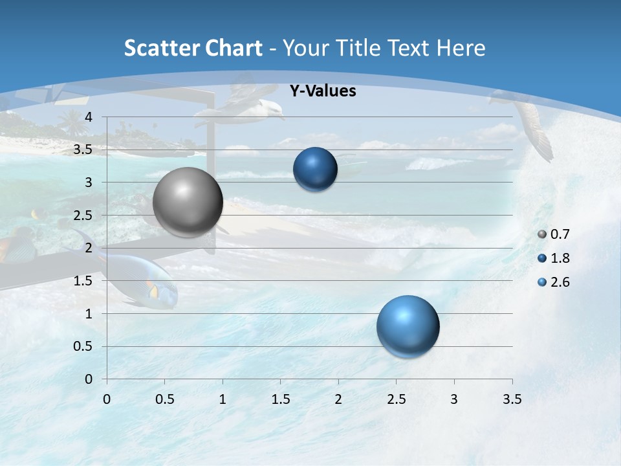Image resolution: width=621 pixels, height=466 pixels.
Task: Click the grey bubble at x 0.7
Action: (188, 202)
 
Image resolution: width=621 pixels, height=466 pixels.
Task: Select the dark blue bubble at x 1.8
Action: (315, 170)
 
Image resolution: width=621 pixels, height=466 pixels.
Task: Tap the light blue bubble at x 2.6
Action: (408, 326)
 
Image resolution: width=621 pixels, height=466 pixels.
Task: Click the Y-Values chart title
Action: (322, 91)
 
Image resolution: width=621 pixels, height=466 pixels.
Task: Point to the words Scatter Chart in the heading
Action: (193, 48)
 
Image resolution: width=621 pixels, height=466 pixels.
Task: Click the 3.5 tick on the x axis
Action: (512, 399)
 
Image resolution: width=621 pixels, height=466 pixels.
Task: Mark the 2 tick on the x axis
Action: (338, 399)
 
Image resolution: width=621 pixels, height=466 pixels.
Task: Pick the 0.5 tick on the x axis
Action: (164, 399)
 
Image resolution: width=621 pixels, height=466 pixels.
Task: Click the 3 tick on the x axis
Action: (454, 399)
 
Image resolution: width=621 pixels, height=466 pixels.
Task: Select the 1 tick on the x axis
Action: (223, 399)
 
